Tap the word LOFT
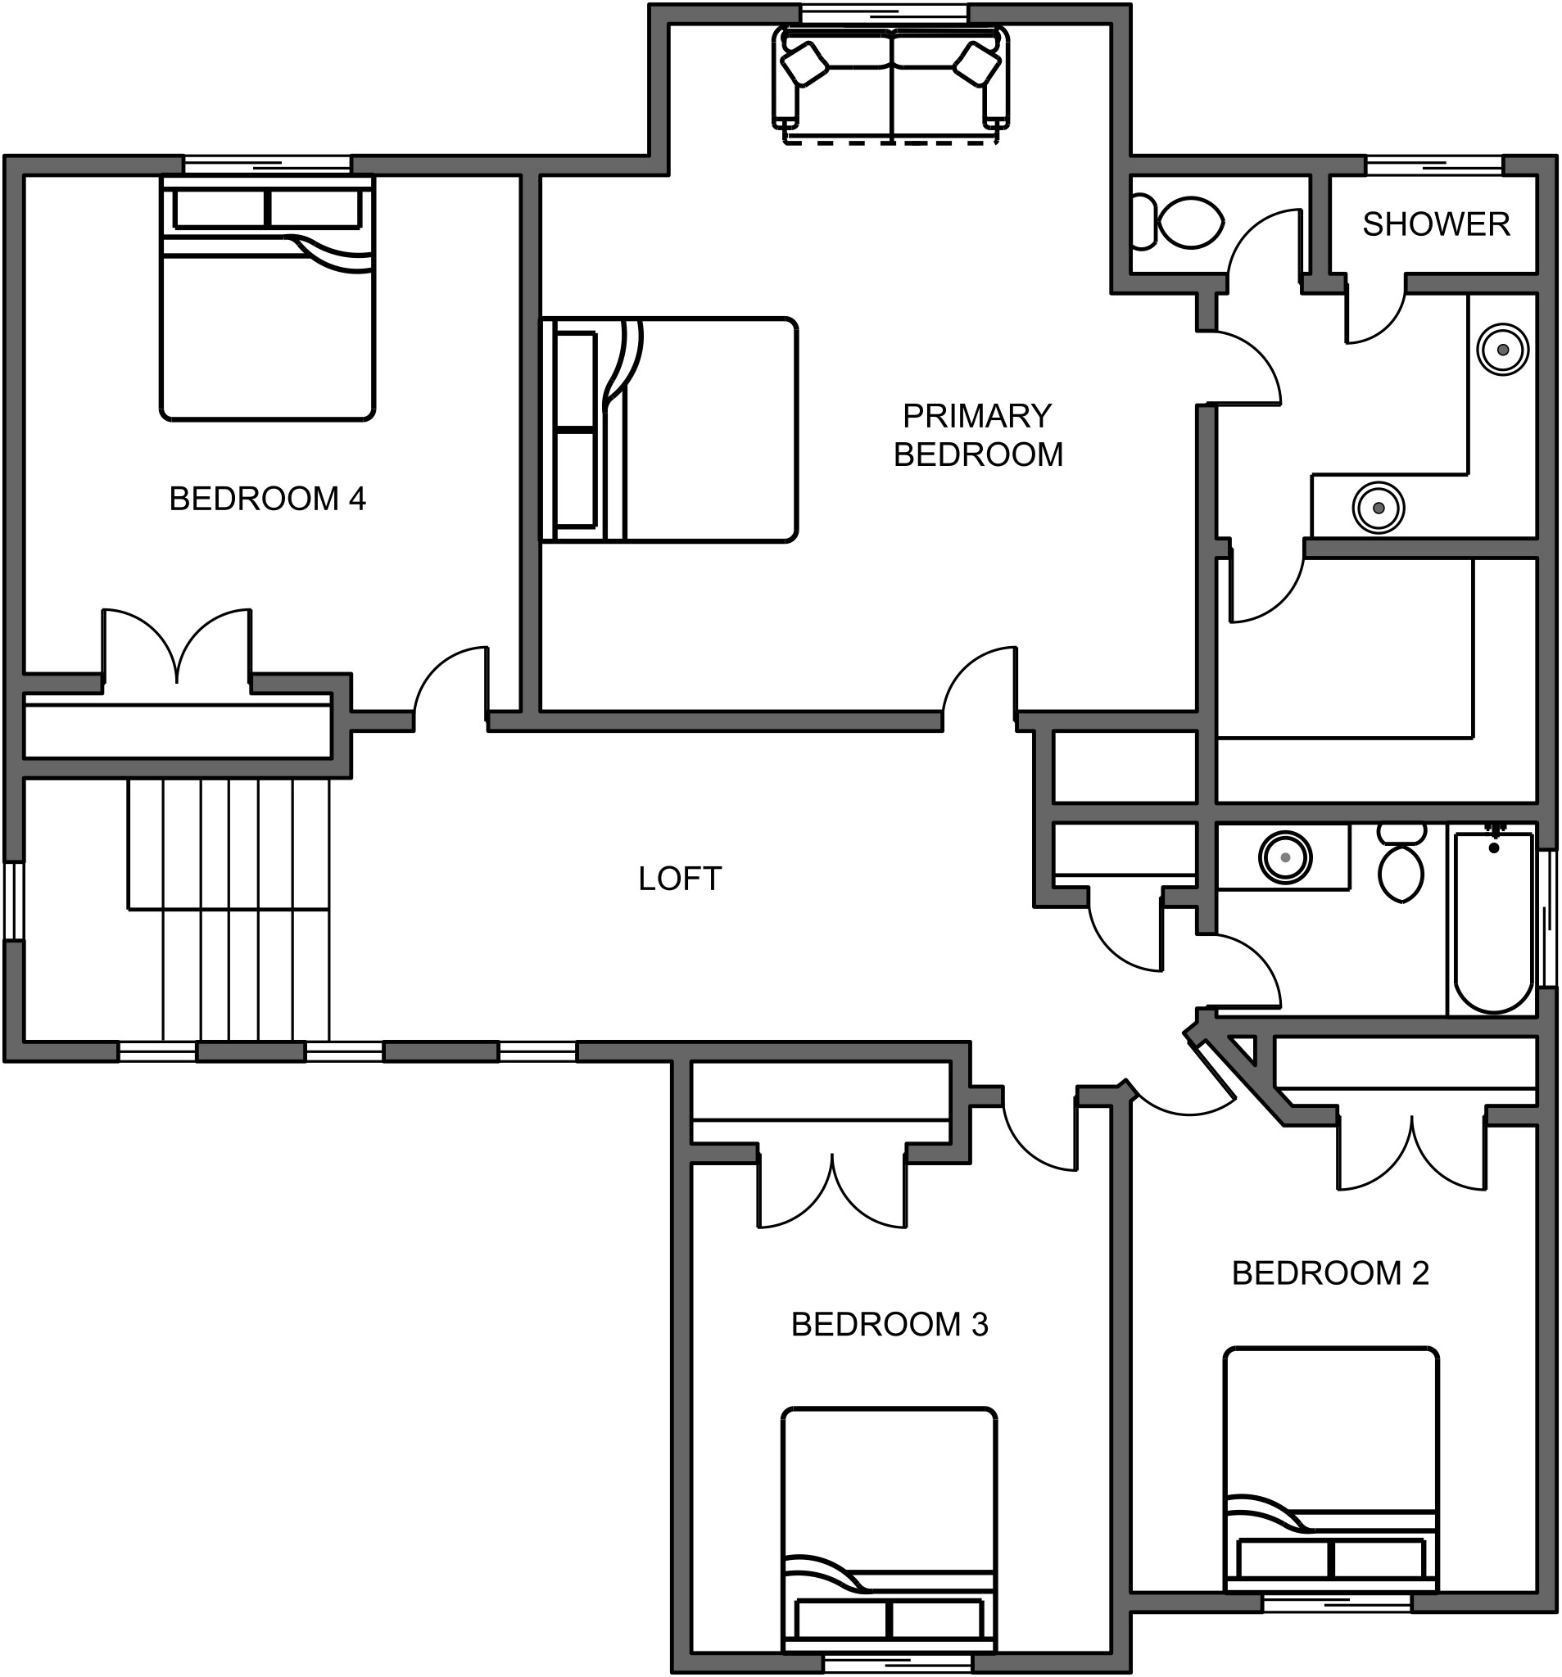pos(679,879)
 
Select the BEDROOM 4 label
pos(267,499)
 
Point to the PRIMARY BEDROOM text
pos(977,436)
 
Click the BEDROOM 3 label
pos(889,1324)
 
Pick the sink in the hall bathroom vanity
pos(1284,857)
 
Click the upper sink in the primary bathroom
pos(1502,349)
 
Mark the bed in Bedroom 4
pos(267,300)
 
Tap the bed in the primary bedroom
pos(669,430)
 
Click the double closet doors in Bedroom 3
pos(832,1191)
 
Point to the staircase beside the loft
pos(228,911)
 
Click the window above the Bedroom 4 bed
pos(267,164)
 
